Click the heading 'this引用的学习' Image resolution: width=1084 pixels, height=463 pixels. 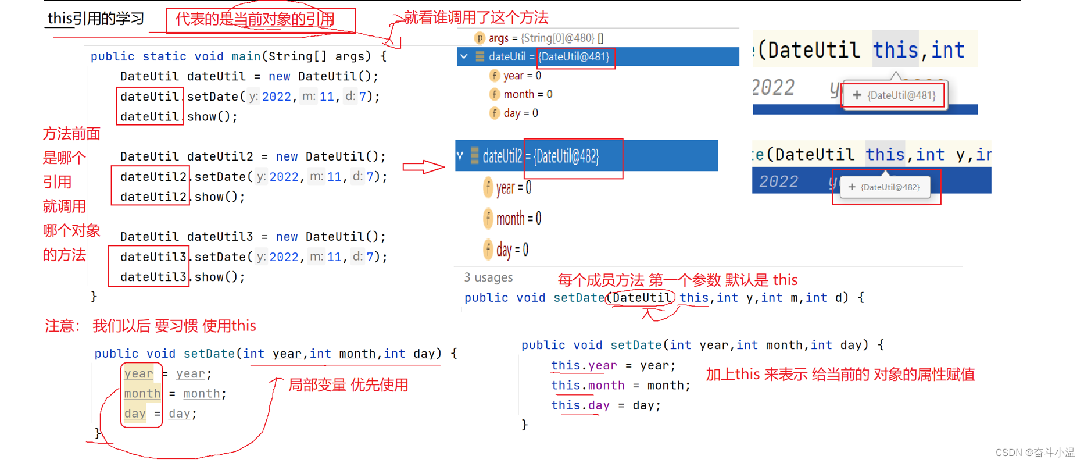95,19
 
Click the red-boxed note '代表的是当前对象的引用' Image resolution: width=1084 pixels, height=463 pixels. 255,19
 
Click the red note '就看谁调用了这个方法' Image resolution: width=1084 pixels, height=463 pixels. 476,17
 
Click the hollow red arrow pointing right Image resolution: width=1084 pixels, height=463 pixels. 423,168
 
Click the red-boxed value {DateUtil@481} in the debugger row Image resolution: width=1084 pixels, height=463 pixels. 575,56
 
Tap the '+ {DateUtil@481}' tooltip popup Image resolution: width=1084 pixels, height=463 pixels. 895,95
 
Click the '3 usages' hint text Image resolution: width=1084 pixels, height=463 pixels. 488,277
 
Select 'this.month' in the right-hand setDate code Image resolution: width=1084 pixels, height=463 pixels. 588,385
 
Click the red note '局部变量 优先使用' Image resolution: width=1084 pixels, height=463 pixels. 348,385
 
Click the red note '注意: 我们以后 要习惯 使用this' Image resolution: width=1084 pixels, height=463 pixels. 151,326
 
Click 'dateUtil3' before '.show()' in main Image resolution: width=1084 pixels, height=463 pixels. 153,277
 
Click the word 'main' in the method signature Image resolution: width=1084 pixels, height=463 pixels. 246,56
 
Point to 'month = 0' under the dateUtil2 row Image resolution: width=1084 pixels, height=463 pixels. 518,219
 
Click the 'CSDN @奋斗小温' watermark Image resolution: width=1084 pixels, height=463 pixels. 1035,453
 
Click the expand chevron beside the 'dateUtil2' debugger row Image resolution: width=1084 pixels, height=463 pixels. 460,156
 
